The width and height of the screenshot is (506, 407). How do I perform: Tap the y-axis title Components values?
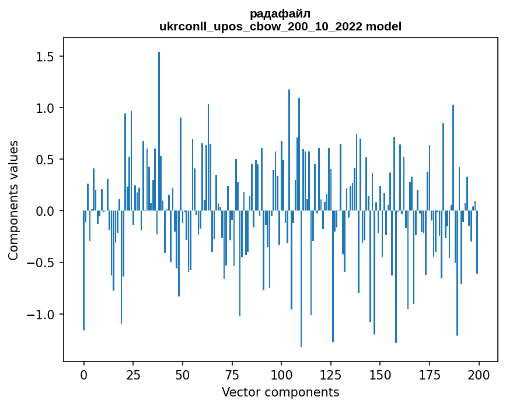13,200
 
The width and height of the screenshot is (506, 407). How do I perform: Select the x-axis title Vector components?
280,392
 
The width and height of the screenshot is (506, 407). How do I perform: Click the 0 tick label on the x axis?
83,374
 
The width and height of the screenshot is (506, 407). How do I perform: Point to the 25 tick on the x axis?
133,374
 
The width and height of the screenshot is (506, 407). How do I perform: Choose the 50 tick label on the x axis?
183,374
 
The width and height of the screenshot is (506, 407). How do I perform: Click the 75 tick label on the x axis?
232,374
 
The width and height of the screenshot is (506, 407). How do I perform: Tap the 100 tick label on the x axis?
281,374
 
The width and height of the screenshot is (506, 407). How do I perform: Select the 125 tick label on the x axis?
331,374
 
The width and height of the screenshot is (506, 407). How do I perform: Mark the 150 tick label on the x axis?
380,374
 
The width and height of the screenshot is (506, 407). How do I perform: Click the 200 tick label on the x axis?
479,374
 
